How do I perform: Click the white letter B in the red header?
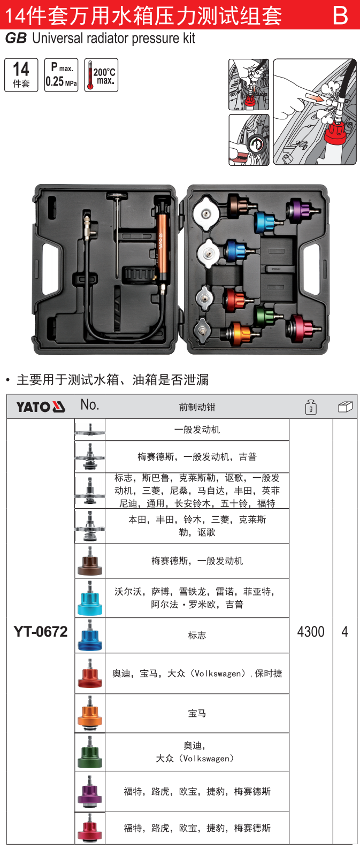coord(340,16)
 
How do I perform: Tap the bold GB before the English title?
coord(16,39)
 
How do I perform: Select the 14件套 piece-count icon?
coord(21,75)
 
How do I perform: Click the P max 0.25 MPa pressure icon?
coord(62,75)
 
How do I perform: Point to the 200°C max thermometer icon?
coord(101,75)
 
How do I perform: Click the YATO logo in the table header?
coord(41,407)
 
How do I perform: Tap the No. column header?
coord(90,405)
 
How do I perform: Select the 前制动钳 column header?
coord(197,407)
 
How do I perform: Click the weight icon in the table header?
coord(311,407)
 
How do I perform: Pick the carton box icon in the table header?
coord(345,407)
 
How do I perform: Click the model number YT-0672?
coord(41,632)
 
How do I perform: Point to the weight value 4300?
coord(311,632)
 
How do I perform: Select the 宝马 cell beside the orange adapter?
coord(197,713)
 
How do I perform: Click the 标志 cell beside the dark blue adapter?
coord(197,636)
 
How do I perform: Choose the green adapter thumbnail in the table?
coord(90,752)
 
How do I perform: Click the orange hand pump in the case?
coord(160,241)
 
